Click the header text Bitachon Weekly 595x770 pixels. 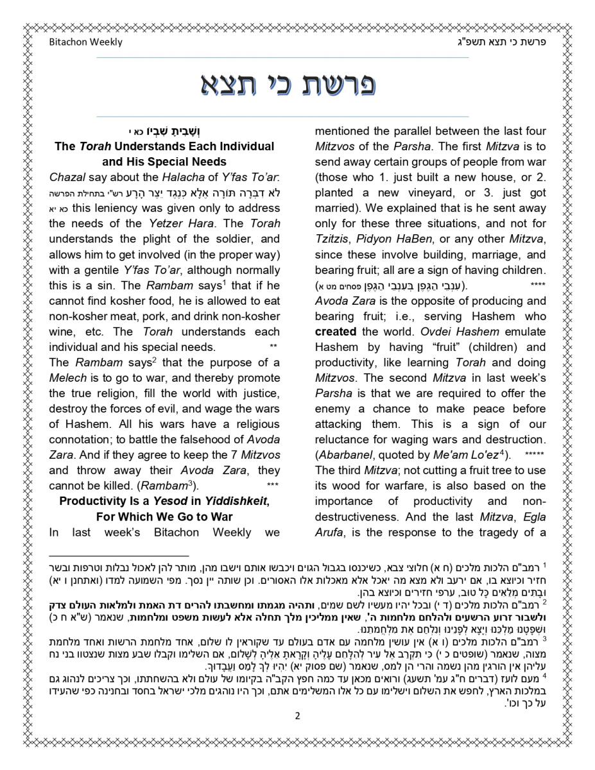pos(85,42)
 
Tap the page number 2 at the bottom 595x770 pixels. pos(297,716)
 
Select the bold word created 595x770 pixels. pos(335,332)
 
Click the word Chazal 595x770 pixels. pos(67,177)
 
